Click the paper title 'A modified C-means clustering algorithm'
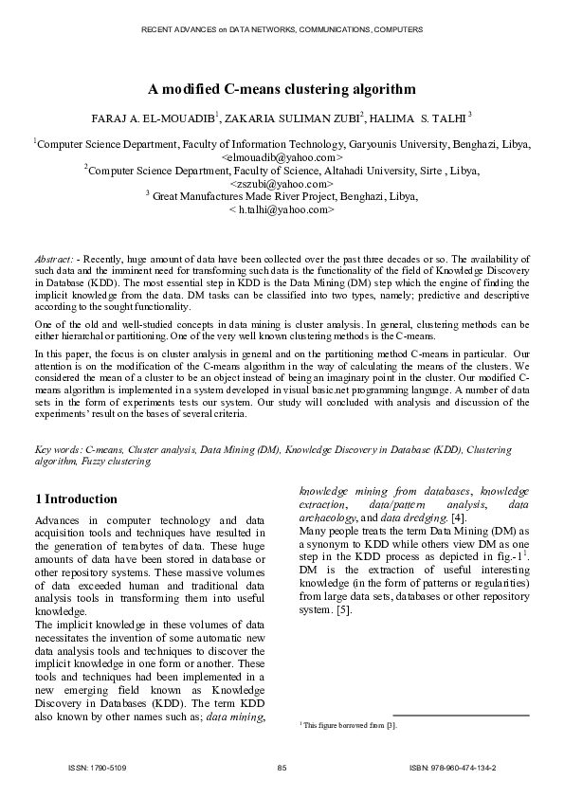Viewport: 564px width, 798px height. coord(282,90)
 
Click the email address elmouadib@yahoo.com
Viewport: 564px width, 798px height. coord(282,157)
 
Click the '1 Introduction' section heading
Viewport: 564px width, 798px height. coord(76,499)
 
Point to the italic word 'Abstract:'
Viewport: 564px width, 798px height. coord(54,258)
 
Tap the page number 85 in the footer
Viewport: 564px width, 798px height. coord(282,766)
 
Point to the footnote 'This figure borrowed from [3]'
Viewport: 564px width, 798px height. coord(349,725)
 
